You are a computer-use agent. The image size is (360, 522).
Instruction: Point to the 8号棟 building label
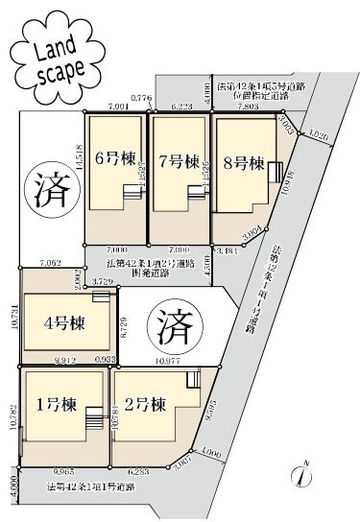[243, 164]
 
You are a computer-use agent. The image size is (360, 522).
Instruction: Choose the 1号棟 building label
[52, 403]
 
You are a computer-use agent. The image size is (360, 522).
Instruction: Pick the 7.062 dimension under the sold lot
[52, 262]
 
